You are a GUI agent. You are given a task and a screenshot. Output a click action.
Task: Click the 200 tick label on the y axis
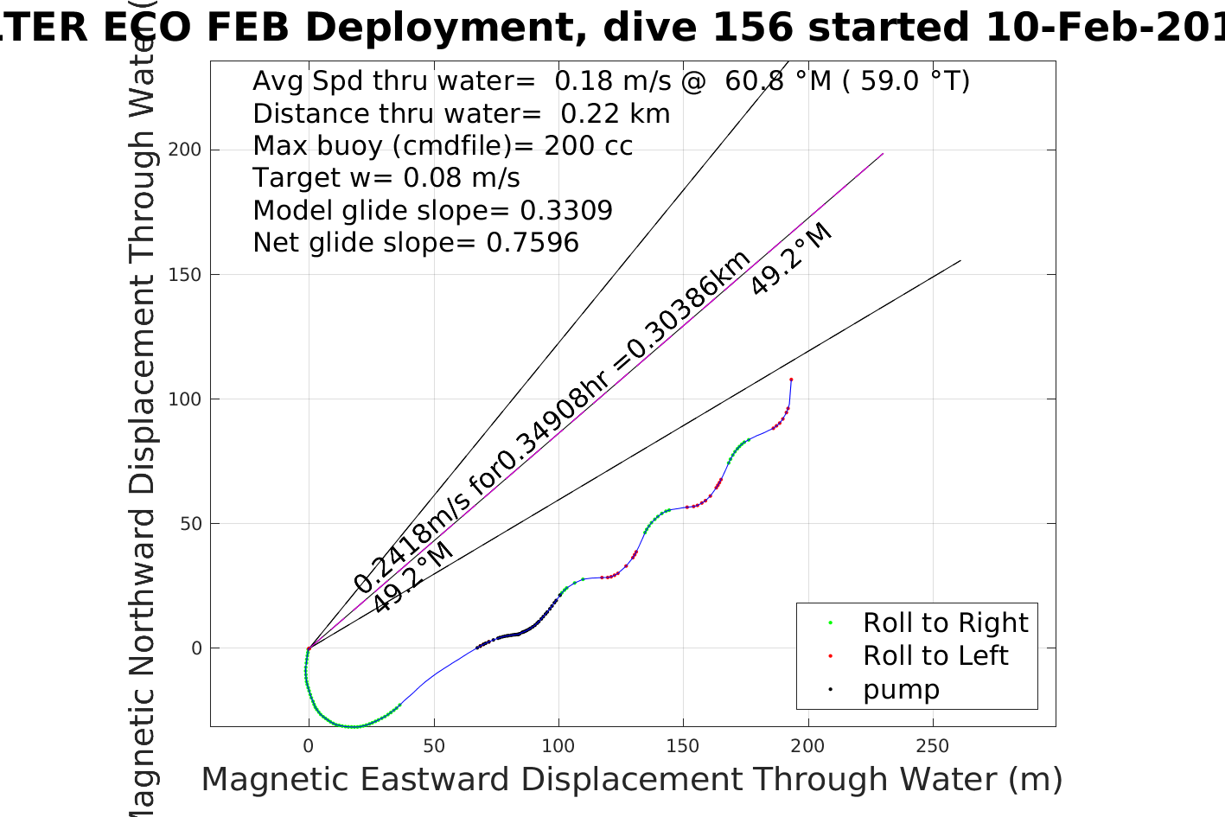[184, 150]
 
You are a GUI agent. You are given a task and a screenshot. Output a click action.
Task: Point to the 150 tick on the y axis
[184, 274]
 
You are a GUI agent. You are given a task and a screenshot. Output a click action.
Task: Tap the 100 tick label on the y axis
[184, 399]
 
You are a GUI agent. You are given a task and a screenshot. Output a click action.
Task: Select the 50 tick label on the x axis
[434, 746]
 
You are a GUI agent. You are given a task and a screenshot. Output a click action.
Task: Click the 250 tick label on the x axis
[932, 746]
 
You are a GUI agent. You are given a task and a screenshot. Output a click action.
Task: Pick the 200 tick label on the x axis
[807, 746]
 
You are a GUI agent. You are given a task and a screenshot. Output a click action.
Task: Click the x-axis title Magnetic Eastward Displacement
[631, 779]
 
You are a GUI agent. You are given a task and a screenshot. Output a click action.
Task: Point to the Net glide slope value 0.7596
[533, 243]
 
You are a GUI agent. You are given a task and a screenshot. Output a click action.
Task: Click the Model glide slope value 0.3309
[566, 211]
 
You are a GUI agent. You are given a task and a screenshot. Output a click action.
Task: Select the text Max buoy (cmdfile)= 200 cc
[443, 145]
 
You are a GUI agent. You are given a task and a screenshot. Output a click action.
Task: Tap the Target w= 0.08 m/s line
[386, 178]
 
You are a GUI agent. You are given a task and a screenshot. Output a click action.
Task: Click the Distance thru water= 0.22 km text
[461, 113]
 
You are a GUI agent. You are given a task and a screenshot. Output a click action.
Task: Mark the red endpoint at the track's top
[791, 380]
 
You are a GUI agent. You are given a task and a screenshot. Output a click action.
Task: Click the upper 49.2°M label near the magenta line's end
[791, 259]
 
